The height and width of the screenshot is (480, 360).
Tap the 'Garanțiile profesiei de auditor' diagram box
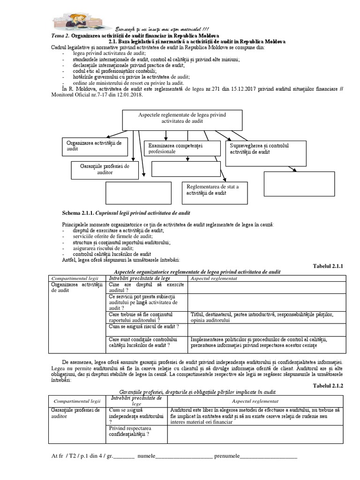click(x=105, y=169)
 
